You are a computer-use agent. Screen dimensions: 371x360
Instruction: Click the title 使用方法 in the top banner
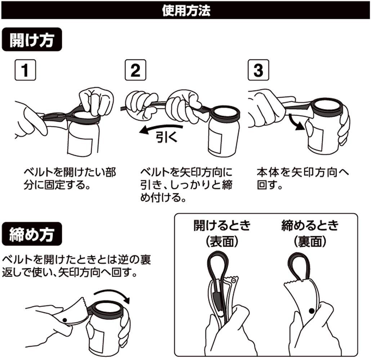(186, 11)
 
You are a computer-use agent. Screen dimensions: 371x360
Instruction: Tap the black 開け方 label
(32, 40)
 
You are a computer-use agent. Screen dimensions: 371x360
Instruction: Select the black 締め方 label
(32, 234)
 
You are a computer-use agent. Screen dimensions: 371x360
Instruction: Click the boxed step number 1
(25, 70)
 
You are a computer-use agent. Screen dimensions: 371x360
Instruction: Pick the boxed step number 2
(135, 70)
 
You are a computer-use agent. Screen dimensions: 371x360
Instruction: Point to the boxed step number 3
(258, 70)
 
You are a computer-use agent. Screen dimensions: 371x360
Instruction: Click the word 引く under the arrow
(166, 137)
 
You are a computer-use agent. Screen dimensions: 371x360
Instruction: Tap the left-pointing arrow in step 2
(161, 129)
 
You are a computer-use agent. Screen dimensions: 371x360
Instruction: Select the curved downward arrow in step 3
(295, 123)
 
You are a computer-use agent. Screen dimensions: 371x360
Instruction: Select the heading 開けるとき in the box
(222, 225)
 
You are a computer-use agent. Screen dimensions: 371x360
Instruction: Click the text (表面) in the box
(222, 242)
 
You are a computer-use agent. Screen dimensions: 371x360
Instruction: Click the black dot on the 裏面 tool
(311, 311)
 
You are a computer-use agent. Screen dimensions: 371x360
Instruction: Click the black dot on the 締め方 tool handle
(64, 320)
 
